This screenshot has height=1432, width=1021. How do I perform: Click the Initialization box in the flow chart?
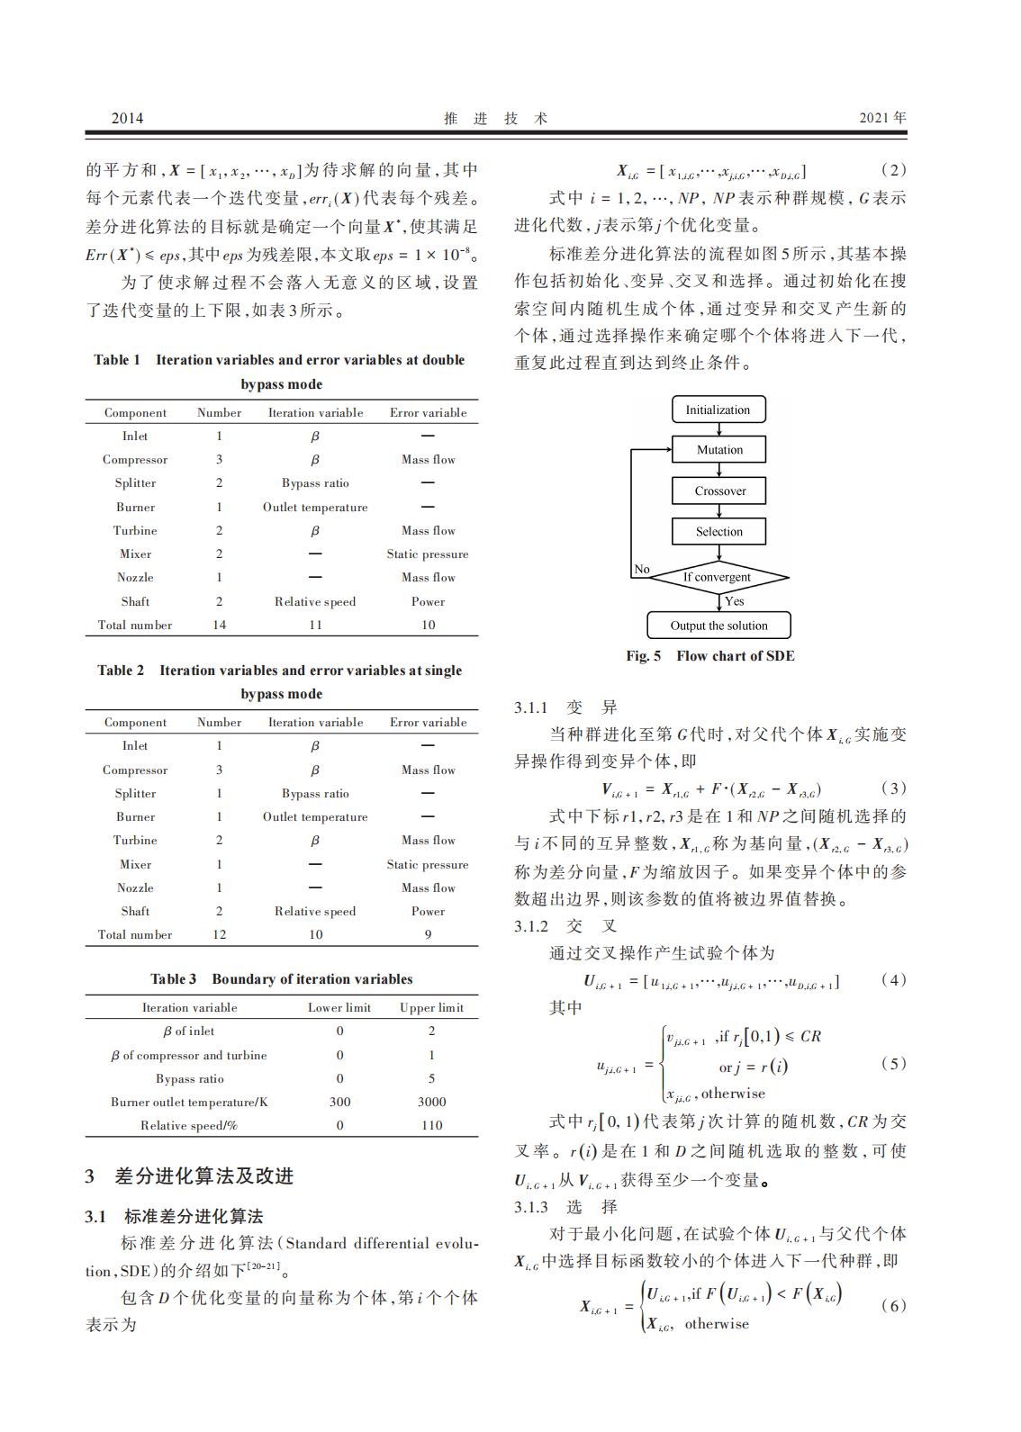pyautogui.click(x=718, y=410)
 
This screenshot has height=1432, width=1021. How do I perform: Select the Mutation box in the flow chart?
pyautogui.click(x=719, y=450)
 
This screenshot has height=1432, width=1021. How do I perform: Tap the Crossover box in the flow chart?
pyautogui.click(x=719, y=491)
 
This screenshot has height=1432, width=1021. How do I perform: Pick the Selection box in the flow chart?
pyautogui.click(x=719, y=531)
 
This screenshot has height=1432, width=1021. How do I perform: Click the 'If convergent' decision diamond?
pyautogui.click(x=718, y=577)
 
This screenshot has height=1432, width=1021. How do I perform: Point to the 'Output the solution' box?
pyautogui.click(x=718, y=626)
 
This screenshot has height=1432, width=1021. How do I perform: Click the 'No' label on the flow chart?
pyautogui.click(x=642, y=569)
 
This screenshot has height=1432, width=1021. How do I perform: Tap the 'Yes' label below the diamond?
pyautogui.click(x=735, y=601)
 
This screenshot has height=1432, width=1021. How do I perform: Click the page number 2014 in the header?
pyautogui.click(x=127, y=118)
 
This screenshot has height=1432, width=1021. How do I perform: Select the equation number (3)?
pyautogui.click(x=892, y=788)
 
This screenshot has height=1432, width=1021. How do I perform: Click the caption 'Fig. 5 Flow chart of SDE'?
pyautogui.click(x=710, y=656)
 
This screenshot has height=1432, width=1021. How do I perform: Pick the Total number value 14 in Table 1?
pyautogui.click(x=219, y=625)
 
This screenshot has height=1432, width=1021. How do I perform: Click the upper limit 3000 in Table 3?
pyautogui.click(x=431, y=1102)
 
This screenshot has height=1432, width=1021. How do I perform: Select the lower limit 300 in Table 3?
pyautogui.click(x=339, y=1102)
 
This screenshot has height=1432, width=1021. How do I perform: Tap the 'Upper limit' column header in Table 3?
pyautogui.click(x=431, y=1007)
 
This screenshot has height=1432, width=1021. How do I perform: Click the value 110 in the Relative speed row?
pyautogui.click(x=431, y=1125)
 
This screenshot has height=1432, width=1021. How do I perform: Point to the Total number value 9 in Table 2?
pyautogui.click(x=428, y=934)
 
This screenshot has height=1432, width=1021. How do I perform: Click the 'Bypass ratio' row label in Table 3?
pyautogui.click(x=189, y=1078)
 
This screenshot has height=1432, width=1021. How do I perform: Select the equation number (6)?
pyautogui.click(x=892, y=1306)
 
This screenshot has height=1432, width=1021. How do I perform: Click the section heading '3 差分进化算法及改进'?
pyautogui.click(x=189, y=1176)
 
